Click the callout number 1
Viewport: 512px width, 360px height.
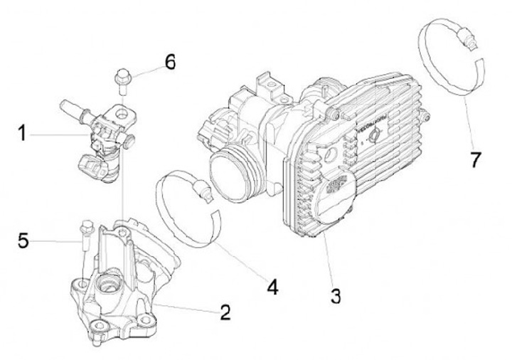click(22, 132)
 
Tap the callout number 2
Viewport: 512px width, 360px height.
click(225, 312)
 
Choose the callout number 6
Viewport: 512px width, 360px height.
click(169, 62)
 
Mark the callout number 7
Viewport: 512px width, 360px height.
click(475, 159)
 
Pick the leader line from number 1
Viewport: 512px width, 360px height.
click(60, 133)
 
